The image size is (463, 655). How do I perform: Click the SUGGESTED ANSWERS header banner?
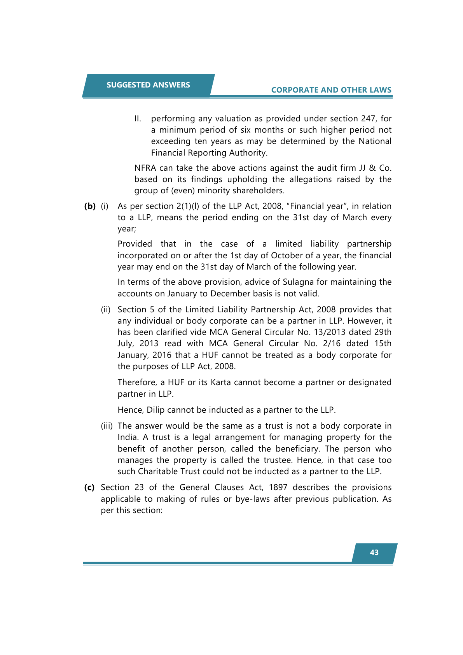pyautogui.click(x=148, y=85)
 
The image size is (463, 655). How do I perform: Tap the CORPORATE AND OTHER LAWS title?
pyautogui.click(x=331, y=90)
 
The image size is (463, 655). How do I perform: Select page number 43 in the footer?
pyautogui.click(x=374, y=552)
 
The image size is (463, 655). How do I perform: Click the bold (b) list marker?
pyautogui.click(x=90, y=206)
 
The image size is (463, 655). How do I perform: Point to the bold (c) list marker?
pyautogui.click(x=89, y=487)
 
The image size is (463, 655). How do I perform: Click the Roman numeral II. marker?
pyautogui.click(x=138, y=119)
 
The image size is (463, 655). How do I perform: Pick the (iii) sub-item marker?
pyautogui.click(x=107, y=426)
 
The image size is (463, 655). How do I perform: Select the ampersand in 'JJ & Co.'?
pyautogui.click(x=372, y=168)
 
